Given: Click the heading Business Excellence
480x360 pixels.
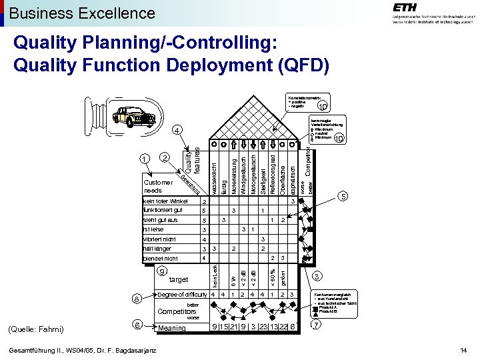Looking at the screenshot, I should [82, 13].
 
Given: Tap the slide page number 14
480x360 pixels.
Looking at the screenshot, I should [464, 351].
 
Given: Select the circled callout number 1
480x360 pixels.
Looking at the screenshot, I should [145, 159].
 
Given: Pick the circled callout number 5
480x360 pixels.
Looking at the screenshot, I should [343, 197].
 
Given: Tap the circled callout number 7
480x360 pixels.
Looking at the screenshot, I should [317, 325].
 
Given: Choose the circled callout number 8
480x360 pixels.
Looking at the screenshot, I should [136, 299].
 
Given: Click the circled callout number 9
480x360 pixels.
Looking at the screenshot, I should [161, 272].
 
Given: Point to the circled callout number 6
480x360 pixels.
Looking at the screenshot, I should [136, 325].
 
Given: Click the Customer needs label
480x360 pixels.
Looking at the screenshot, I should [158, 186].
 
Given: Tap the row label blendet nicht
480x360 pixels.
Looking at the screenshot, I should [161, 258].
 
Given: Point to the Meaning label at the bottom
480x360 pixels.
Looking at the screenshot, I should [172, 327].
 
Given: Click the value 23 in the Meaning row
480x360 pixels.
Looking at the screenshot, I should [265, 326].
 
